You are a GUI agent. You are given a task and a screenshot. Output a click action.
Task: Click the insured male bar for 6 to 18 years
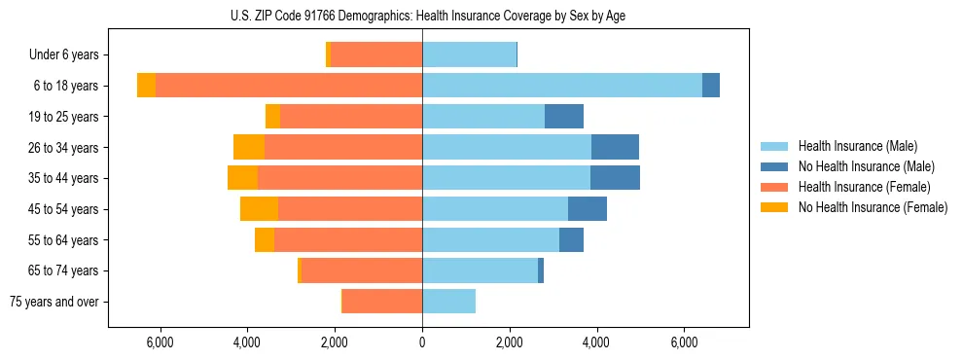click(561, 86)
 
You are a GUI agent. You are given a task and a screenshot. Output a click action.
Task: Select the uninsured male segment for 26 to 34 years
click(615, 147)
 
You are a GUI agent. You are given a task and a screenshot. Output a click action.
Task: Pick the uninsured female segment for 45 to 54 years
click(259, 208)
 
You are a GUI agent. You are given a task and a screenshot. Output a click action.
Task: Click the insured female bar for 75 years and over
click(381, 302)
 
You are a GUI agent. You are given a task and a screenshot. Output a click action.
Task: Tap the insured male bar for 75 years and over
click(448, 302)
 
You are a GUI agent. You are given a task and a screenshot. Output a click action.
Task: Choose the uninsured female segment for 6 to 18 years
click(146, 86)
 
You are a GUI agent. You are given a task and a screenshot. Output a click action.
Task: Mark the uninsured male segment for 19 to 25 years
click(564, 117)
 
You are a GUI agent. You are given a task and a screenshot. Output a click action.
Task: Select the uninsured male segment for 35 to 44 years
click(615, 178)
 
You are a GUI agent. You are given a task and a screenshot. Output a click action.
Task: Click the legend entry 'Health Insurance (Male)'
click(856, 146)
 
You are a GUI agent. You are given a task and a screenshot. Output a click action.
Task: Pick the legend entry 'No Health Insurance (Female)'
click(873, 207)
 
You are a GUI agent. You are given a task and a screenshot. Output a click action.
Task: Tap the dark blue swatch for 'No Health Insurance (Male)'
click(774, 166)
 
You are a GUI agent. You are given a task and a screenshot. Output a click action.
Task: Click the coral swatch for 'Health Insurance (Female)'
click(774, 187)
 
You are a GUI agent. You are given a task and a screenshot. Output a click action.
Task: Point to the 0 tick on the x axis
click(422, 342)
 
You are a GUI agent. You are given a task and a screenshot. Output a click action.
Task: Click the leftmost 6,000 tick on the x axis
click(160, 342)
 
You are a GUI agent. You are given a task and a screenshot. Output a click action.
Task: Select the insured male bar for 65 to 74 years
click(480, 270)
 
